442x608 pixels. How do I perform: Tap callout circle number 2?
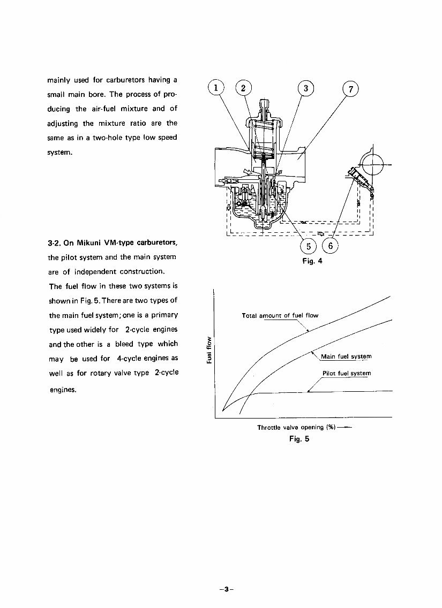click(243, 89)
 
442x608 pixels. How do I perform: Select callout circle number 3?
click(305, 89)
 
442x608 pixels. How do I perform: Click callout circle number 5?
click(309, 247)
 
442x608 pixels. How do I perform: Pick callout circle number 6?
click(331, 247)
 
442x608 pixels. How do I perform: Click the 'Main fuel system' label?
click(346, 356)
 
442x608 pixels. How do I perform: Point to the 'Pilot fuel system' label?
click(347, 373)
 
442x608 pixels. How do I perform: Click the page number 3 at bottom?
click(227, 589)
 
